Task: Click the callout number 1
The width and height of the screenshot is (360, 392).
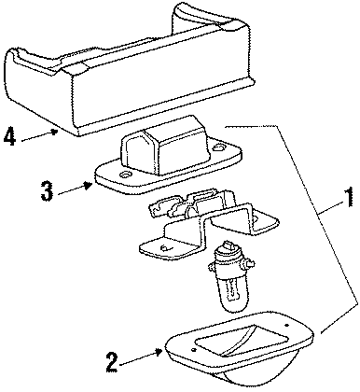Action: click(349, 197)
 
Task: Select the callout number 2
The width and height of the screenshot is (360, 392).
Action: click(112, 362)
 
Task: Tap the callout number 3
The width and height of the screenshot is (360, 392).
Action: click(48, 190)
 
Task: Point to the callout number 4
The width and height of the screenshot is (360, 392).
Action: click(9, 137)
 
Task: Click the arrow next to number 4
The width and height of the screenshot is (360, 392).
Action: click(39, 135)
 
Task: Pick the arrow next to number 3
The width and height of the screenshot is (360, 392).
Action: click(75, 189)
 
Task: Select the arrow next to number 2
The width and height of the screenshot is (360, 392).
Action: click(141, 357)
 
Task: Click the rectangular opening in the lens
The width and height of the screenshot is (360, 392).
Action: click(241, 339)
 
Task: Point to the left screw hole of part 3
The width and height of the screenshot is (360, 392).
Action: click(126, 175)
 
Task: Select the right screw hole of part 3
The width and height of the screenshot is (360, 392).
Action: click(220, 147)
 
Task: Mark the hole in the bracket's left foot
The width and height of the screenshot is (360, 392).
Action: click(164, 248)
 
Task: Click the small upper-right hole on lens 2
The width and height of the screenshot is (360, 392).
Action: click(286, 326)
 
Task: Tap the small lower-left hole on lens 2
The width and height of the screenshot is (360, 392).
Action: click(194, 350)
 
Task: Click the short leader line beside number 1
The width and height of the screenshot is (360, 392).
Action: click(332, 207)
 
